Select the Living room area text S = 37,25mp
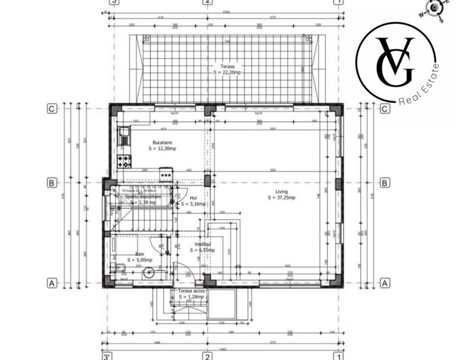click(x=281, y=198)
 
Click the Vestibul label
click(x=204, y=244)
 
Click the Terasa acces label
click(x=191, y=290)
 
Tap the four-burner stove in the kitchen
click(x=124, y=161)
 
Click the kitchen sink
click(x=123, y=136)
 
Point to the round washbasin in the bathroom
click(x=148, y=273)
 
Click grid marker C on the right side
click(x=385, y=109)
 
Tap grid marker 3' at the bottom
click(x=107, y=356)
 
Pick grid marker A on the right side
click(x=385, y=283)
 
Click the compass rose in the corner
click(x=434, y=8)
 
